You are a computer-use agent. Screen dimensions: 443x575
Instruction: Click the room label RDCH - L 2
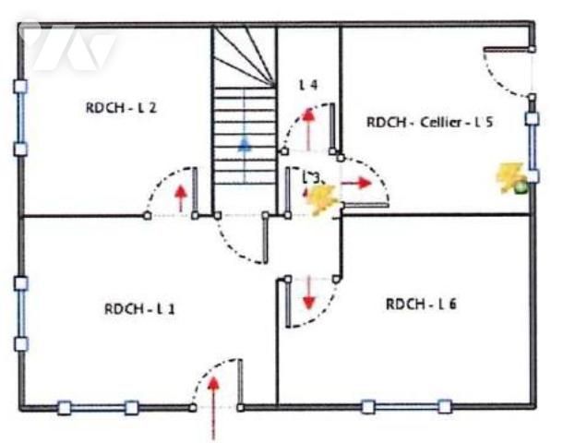(121, 107)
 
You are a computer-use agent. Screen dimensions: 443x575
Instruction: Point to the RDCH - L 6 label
(421, 304)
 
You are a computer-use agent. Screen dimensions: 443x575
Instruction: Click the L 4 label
(308, 84)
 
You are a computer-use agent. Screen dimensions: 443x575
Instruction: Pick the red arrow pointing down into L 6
(308, 293)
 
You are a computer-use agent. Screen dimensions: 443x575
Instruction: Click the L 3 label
(312, 175)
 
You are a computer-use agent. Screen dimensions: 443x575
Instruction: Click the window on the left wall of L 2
(20, 117)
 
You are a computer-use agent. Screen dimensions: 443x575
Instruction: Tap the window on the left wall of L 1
(20, 313)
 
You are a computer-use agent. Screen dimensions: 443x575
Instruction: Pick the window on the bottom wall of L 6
(406, 406)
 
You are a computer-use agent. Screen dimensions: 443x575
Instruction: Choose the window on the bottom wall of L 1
(98, 407)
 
